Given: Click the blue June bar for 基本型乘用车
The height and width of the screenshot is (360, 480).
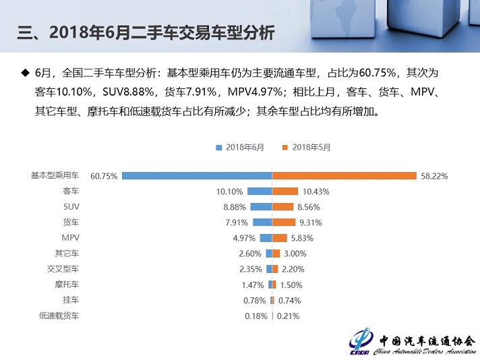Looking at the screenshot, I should click(197, 175).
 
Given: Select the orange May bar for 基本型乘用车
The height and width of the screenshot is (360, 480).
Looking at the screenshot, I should click(344, 175).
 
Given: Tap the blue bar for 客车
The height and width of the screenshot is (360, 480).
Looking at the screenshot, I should click(260, 191).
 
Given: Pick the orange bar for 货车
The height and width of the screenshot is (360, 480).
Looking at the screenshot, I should click(284, 222).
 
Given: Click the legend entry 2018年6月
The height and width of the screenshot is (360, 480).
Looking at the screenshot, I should click(241, 147).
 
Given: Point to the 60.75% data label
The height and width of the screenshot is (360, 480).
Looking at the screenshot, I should click(104, 176).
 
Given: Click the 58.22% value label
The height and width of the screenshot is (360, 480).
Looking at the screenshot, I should click(434, 176).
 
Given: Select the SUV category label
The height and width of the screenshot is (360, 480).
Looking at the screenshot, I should click(71, 206).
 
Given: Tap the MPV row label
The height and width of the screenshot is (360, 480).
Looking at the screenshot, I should click(70, 237).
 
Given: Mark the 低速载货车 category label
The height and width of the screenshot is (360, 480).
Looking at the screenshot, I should click(59, 315).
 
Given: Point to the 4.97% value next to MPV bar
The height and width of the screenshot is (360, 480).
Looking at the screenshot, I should click(244, 238).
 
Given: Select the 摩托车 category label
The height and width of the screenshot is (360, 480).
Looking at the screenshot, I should click(67, 284).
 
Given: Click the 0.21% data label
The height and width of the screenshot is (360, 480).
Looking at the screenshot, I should click(287, 316).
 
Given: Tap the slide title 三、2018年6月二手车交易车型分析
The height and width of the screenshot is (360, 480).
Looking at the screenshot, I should click(145, 32).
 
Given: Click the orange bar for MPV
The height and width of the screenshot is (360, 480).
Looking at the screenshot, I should click(280, 237).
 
